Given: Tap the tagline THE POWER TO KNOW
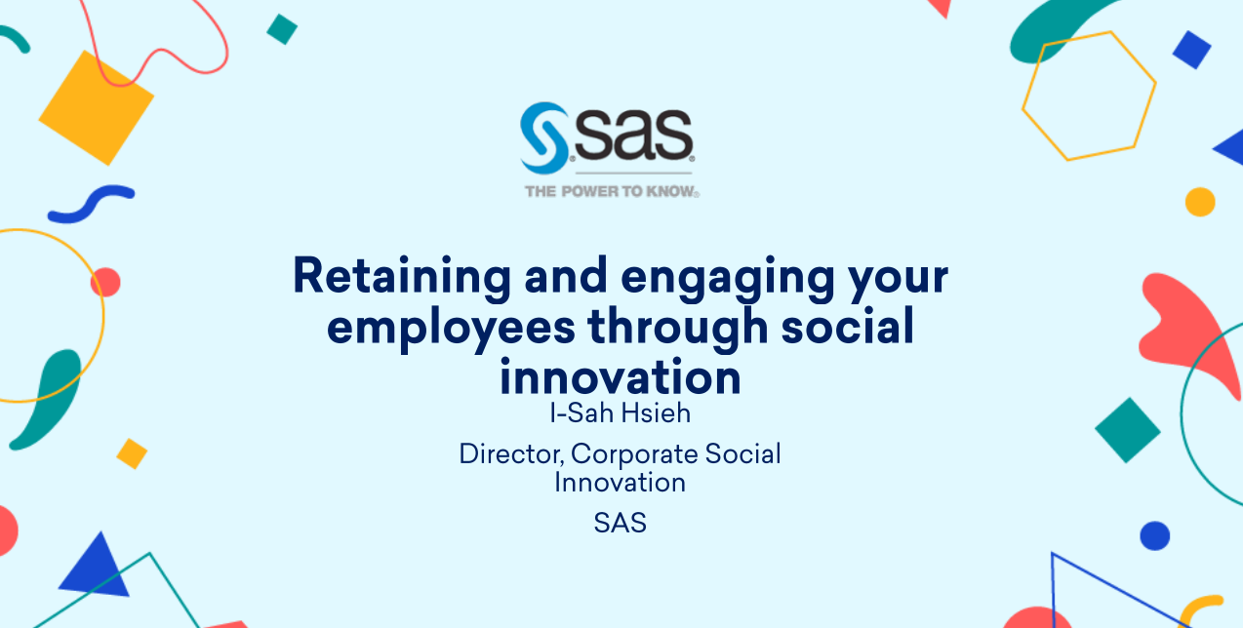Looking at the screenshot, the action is click(x=612, y=191).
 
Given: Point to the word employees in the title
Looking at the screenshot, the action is click(x=451, y=329).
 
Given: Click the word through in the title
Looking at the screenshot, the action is click(x=678, y=328).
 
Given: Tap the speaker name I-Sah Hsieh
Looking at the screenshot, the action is click(x=620, y=413).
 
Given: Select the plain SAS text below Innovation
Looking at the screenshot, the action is click(x=620, y=523).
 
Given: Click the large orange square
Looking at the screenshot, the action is click(x=97, y=107).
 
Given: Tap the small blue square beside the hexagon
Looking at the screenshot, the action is click(x=1191, y=50).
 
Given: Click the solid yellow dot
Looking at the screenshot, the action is click(x=1200, y=202).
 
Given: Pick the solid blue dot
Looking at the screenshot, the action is click(x=1155, y=536).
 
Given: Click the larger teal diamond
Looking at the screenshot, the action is click(x=1128, y=430).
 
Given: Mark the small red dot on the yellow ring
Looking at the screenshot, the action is click(x=105, y=283).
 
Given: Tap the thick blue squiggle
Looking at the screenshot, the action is click(x=91, y=204).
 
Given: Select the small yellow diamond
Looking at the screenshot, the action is click(x=132, y=453).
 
